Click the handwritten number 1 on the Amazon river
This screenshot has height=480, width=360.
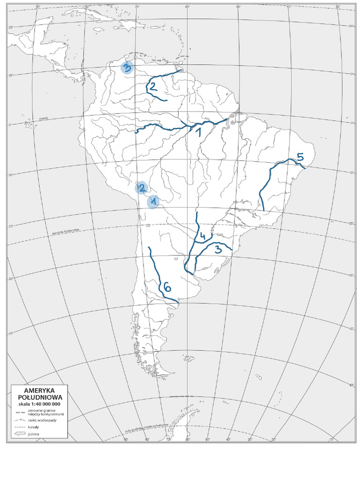click(x=198, y=132)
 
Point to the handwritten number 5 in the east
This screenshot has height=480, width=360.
click(x=300, y=157)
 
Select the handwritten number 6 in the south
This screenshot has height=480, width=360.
click(x=167, y=286)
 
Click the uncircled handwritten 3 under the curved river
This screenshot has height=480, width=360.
click(x=217, y=249)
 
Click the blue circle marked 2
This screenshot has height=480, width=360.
click(x=141, y=188)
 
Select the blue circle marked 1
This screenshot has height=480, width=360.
click(x=153, y=202)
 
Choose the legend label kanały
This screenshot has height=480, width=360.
click(x=34, y=427)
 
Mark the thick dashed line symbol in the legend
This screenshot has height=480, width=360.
click(x=20, y=412)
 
